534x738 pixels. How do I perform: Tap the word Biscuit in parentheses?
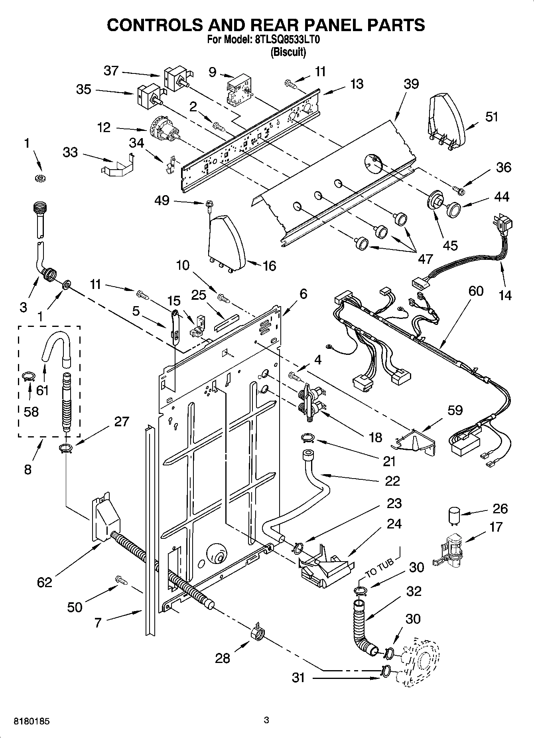288,52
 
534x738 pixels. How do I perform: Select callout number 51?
492,117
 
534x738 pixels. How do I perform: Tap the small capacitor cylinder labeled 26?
453,515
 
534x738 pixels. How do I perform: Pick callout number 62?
44,582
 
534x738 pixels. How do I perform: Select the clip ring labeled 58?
28,376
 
